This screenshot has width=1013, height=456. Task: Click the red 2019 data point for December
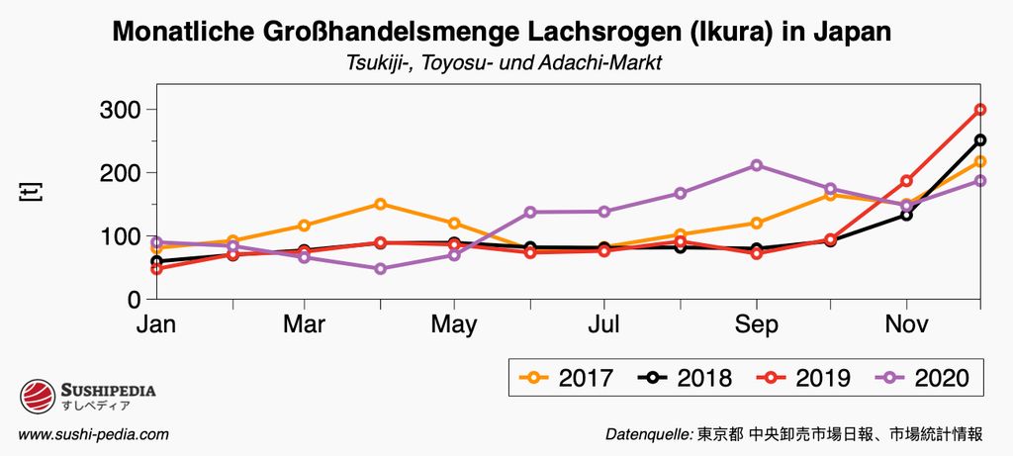980,109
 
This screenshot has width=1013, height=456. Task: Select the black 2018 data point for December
980,139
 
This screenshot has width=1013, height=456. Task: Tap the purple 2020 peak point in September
756,165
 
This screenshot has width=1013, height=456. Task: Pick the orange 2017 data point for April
380,204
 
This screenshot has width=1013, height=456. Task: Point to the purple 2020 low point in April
380,268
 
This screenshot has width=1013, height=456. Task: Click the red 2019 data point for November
906,181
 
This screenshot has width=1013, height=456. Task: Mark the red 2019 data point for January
156,268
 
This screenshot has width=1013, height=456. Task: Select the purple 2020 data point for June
530,212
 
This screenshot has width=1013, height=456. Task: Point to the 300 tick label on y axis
122,109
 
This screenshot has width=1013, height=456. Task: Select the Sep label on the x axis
756,324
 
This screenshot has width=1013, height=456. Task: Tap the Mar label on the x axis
305,324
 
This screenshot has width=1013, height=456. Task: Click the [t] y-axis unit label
30,192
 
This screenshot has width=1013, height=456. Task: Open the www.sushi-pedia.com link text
94,434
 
